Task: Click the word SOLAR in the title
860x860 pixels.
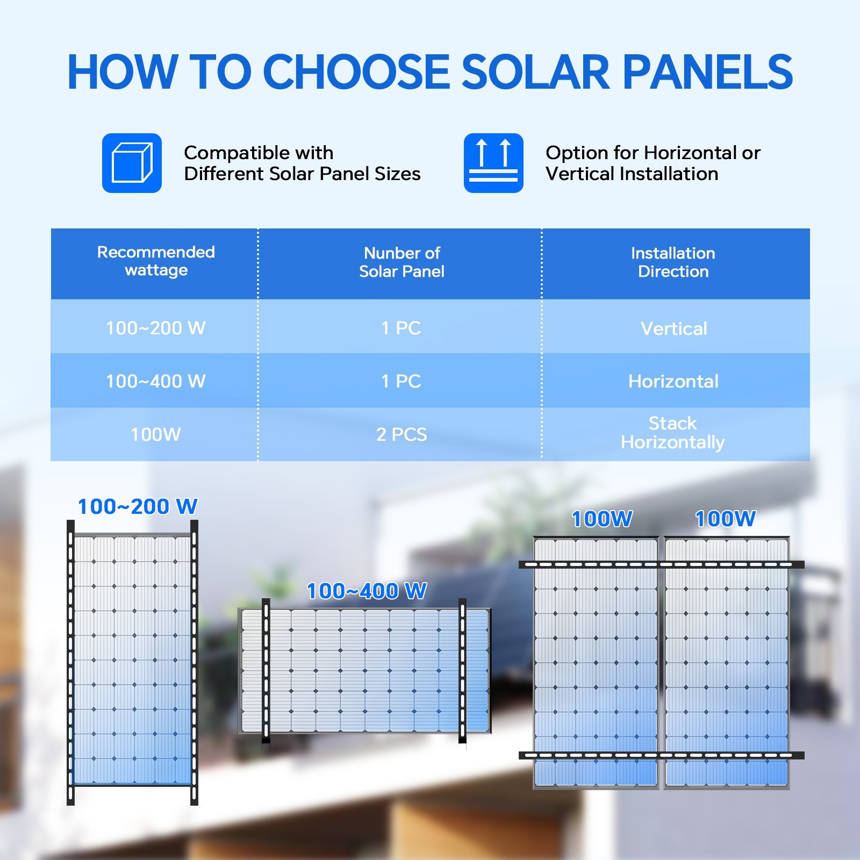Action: pyautogui.click(x=536, y=71)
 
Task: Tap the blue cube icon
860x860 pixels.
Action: pyautogui.click(x=132, y=163)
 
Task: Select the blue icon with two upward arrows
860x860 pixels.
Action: pyautogui.click(x=493, y=163)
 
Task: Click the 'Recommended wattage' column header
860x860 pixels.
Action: pyautogui.click(x=156, y=261)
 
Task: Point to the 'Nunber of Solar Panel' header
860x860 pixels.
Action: pyautogui.click(x=402, y=262)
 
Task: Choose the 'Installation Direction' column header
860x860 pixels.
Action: pyautogui.click(x=673, y=262)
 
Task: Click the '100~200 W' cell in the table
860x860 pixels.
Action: pyautogui.click(x=156, y=328)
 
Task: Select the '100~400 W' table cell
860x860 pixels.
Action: pyautogui.click(x=156, y=381)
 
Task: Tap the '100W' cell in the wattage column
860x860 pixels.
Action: pyautogui.click(x=156, y=434)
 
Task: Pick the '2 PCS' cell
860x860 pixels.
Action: pyautogui.click(x=402, y=434)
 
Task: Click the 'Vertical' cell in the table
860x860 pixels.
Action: pyautogui.click(x=674, y=328)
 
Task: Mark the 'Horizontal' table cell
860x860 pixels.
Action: pyautogui.click(x=673, y=381)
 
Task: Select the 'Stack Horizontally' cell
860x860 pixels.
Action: pyautogui.click(x=673, y=433)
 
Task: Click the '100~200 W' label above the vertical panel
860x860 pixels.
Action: pyautogui.click(x=138, y=506)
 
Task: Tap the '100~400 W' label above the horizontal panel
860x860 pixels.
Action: pyautogui.click(x=367, y=591)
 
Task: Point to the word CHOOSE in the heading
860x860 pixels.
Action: pyautogui.click(x=356, y=71)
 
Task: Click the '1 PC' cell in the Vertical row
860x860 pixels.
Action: pyautogui.click(x=401, y=328)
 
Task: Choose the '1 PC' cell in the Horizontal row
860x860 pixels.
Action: pyautogui.click(x=401, y=381)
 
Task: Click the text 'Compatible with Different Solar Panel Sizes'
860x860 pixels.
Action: pyautogui.click(x=302, y=163)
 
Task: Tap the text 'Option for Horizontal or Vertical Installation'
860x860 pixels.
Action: pyautogui.click(x=653, y=163)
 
